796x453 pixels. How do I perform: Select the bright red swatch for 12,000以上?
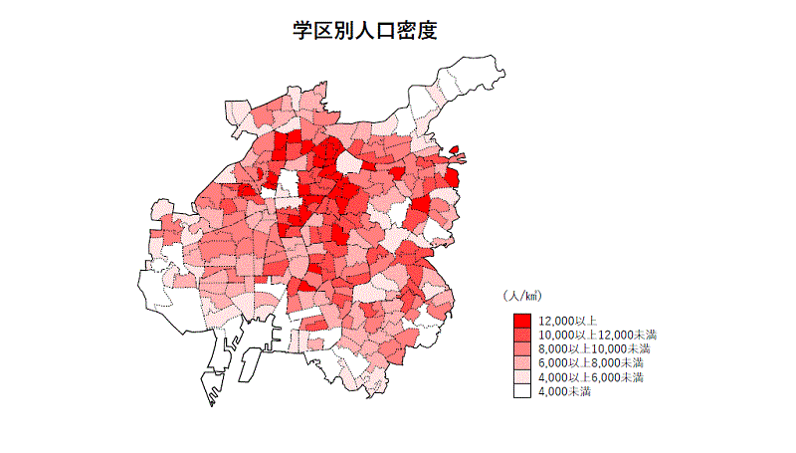point(522,321)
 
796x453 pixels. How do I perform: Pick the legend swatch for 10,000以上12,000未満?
point(522,336)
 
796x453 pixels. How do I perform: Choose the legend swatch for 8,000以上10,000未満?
point(522,349)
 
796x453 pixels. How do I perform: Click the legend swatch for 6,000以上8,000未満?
point(522,363)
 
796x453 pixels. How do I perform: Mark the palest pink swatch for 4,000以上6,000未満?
point(522,377)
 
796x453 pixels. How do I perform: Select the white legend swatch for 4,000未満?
point(522,391)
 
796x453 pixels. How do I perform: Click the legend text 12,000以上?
point(567,321)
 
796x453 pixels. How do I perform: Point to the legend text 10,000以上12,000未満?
point(597,336)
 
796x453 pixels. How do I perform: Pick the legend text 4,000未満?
point(564,391)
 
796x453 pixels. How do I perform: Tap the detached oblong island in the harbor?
point(246,368)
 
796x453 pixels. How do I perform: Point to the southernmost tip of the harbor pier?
point(212,404)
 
